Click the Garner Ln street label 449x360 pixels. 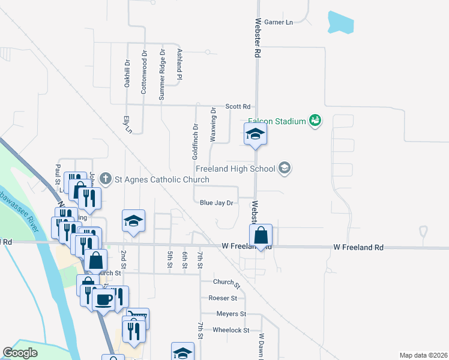pyautogui.click(x=279, y=22)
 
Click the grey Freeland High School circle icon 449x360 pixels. pyautogui.click(x=285, y=168)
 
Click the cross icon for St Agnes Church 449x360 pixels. pyautogui.click(x=106, y=178)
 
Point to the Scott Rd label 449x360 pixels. pyautogui.click(x=238, y=106)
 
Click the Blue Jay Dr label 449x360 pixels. pyautogui.click(x=216, y=203)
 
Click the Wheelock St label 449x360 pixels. pyautogui.click(x=231, y=330)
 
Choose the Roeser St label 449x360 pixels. pyautogui.click(x=223, y=298)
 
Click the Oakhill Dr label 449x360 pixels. pyautogui.click(x=127, y=73)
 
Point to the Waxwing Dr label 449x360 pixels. pyautogui.click(x=213, y=125)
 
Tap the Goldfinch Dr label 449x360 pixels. pyautogui.click(x=196, y=142)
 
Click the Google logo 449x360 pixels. pyautogui.click(x=20, y=353)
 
